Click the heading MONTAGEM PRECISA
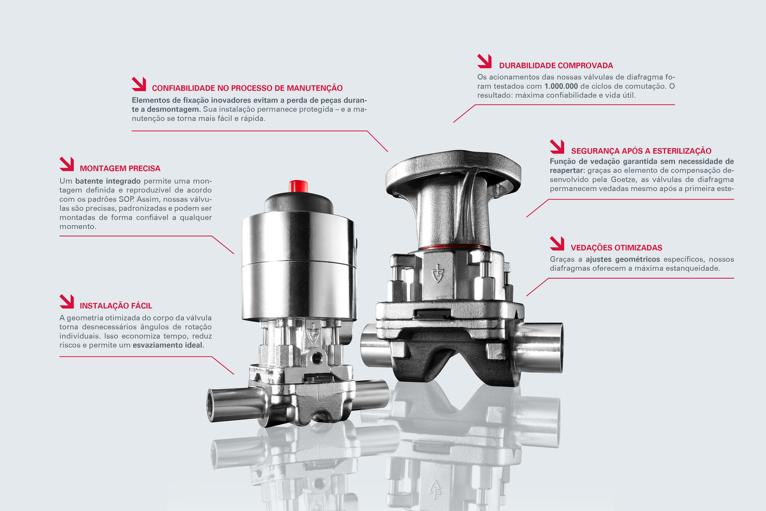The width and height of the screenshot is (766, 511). pyautogui.click(x=120, y=168)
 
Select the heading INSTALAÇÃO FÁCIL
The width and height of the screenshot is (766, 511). pyautogui.click(x=116, y=306)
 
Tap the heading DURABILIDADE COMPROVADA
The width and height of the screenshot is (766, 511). pyautogui.click(x=556, y=65)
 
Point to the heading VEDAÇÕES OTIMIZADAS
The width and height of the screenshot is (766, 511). pyautogui.click(x=616, y=248)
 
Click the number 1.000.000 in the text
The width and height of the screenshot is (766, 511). pyautogui.click(x=561, y=86)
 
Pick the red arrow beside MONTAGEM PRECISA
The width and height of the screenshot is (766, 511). pyautogui.click(x=67, y=164)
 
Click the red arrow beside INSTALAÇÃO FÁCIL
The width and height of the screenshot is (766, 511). pyautogui.click(x=67, y=301)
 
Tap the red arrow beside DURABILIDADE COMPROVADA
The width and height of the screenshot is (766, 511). pyautogui.click(x=484, y=61)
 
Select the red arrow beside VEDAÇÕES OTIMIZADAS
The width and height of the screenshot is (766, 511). pyautogui.click(x=557, y=243)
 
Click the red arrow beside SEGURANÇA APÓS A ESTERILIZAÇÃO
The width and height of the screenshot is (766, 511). pyautogui.click(x=557, y=147)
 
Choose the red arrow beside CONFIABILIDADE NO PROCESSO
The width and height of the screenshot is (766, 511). pyautogui.click(x=139, y=84)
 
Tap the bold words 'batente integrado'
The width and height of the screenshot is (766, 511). pyautogui.click(x=108, y=181)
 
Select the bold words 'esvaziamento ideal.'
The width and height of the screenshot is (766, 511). pyautogui.click(x=168, y=345)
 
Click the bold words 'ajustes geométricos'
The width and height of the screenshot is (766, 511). pyautogui.click(x=623, y=259)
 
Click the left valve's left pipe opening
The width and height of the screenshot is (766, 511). pyautogui.click(x=211, y=406)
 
